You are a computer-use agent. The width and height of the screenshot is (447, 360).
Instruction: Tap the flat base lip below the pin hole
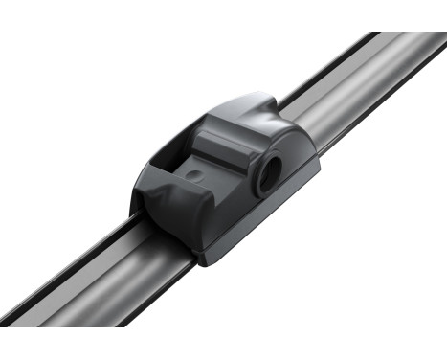(x=287, y=191)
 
